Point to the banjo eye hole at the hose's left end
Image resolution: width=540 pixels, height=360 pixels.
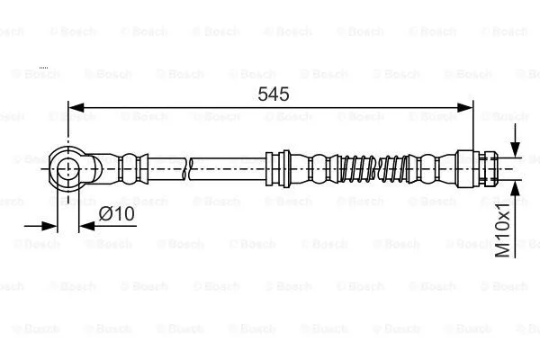click(x=68, y=167)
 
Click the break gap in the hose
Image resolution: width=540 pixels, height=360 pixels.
click(x=190, y=167)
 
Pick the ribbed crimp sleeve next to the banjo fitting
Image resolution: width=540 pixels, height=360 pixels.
click(x=132, y=167)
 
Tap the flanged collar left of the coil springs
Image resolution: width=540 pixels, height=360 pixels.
click(x=280, y=167)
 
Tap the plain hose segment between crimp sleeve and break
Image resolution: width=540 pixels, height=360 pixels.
click(x=166, y=167)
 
